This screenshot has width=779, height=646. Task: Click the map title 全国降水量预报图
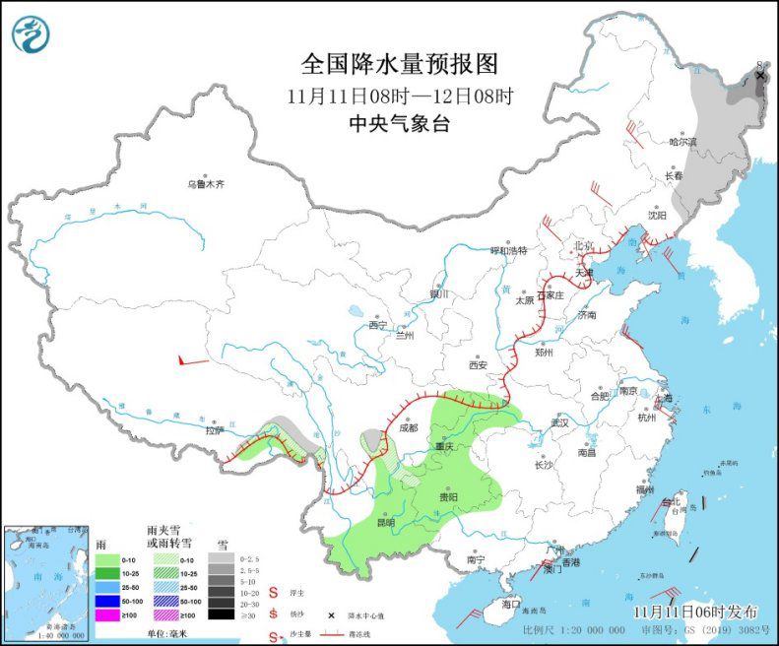coord(399,65)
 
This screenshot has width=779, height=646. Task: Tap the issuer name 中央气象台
coord(399,123)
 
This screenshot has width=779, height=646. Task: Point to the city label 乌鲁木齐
coord(207,183)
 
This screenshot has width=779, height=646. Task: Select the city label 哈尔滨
coord(682,142)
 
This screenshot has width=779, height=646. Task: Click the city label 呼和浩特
coord(509,250)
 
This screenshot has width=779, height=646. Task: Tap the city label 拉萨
coord(215,430)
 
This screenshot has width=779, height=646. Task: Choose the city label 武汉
coord(560,421)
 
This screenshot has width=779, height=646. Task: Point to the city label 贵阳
coord(448,497)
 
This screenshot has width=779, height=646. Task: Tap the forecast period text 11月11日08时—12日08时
coord(399,97)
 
